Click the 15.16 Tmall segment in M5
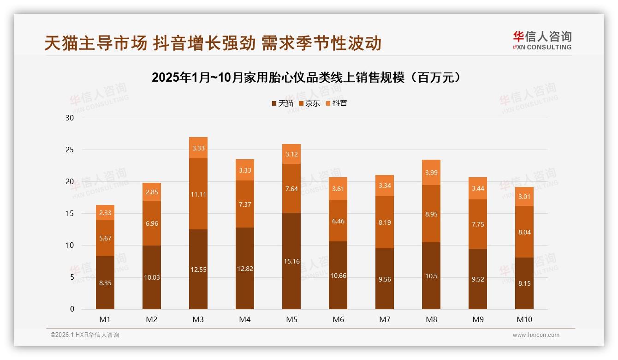[291, 261]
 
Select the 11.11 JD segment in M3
[198, 194]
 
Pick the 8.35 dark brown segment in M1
[105, 282]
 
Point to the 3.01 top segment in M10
[524, 196]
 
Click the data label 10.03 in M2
[152, 277]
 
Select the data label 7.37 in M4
[245, 204]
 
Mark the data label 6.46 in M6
[338, 221]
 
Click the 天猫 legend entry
[282, 103]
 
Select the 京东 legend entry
[309, 103]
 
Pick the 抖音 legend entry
[336, 103]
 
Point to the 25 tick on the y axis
[70, 150]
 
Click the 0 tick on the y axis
[72, 309]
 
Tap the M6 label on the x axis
[338, 319]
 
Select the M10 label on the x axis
[524, 319]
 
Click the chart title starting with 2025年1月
[307, 78]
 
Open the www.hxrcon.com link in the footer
[536, 335]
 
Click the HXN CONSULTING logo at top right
[542, 40]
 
